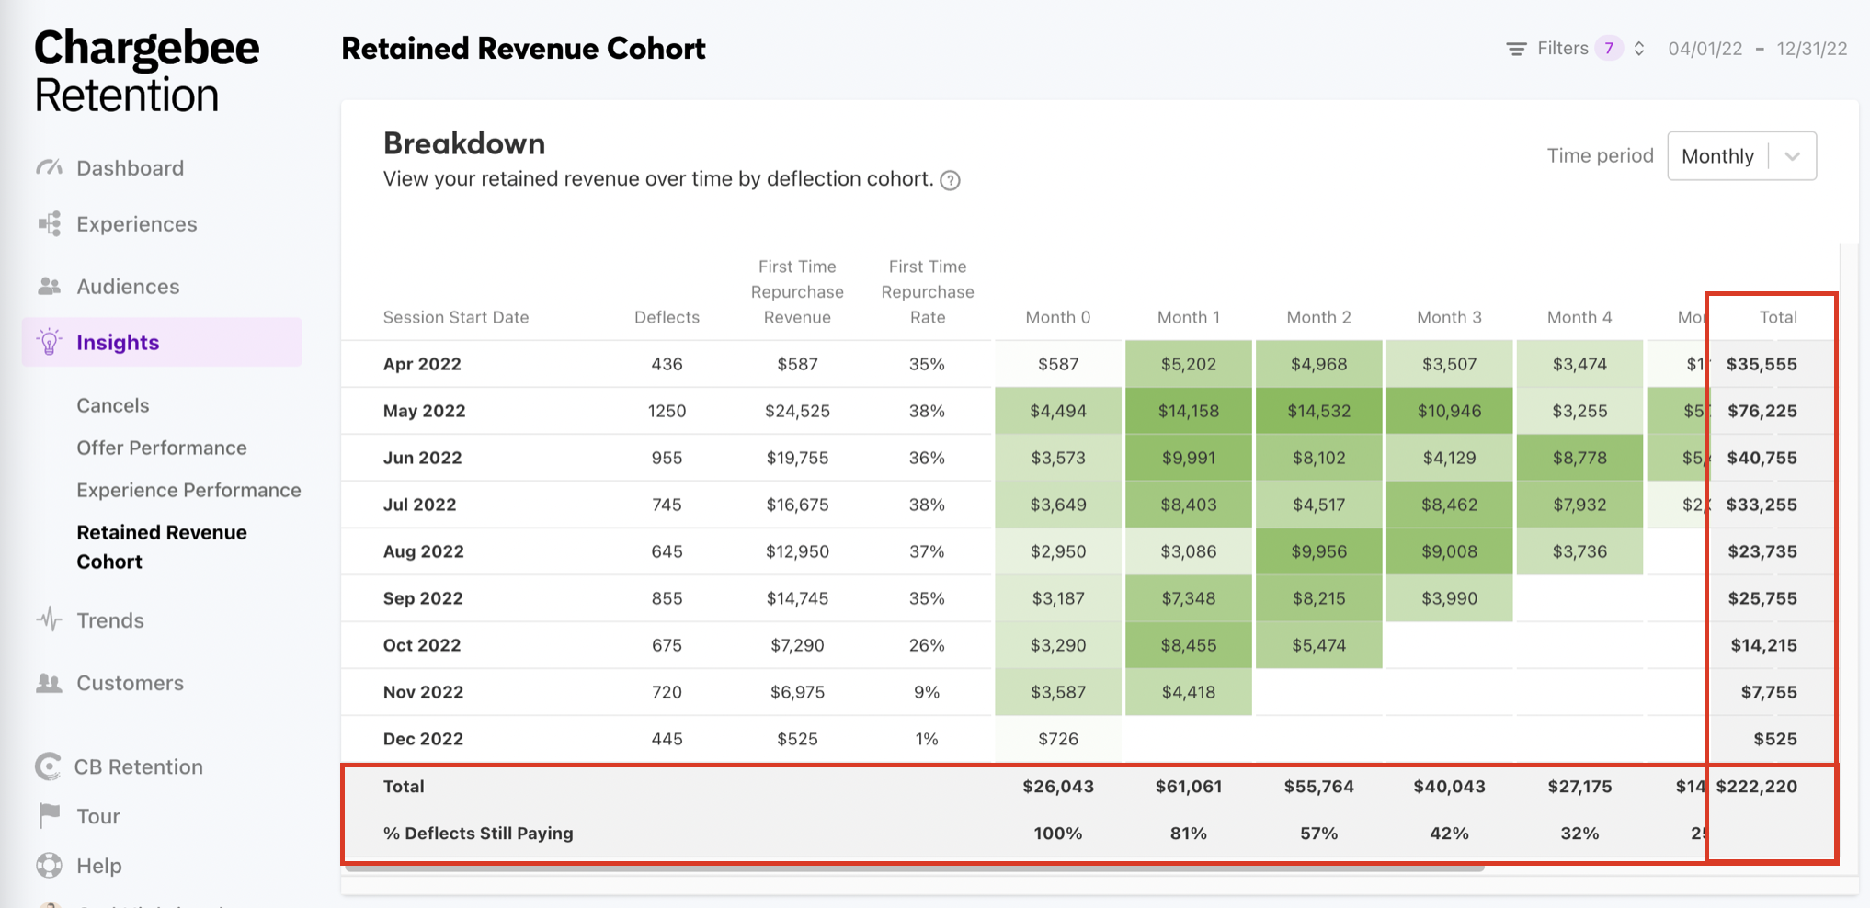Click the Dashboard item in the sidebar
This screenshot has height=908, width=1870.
(130, 168)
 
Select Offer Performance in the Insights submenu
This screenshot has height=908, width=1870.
(162, 448)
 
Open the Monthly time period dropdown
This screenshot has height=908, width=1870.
(1741, 156)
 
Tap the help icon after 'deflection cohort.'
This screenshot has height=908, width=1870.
(951, 180)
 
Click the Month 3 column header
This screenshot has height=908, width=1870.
(1449, 317)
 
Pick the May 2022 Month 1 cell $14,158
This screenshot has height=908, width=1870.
(1188, 411)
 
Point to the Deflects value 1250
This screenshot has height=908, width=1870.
(667, 411)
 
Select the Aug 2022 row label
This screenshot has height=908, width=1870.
(423, 551)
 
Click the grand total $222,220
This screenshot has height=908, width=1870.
(1756, 787)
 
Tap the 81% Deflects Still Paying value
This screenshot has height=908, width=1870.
(1188, 834)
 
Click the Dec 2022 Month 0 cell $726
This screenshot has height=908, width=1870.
(1057, 739)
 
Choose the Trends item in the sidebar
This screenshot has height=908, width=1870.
(110, 620)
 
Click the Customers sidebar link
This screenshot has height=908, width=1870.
(130, 683)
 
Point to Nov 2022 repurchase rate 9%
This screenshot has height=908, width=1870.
(927, 692)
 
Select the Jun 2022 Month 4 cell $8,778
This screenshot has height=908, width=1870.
(1579, 458)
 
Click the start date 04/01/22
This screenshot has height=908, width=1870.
(1705, 49)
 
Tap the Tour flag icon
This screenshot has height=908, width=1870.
(50, 815)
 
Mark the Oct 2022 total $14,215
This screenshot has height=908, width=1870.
(1763, 645)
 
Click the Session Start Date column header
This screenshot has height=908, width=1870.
(456, 317)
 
